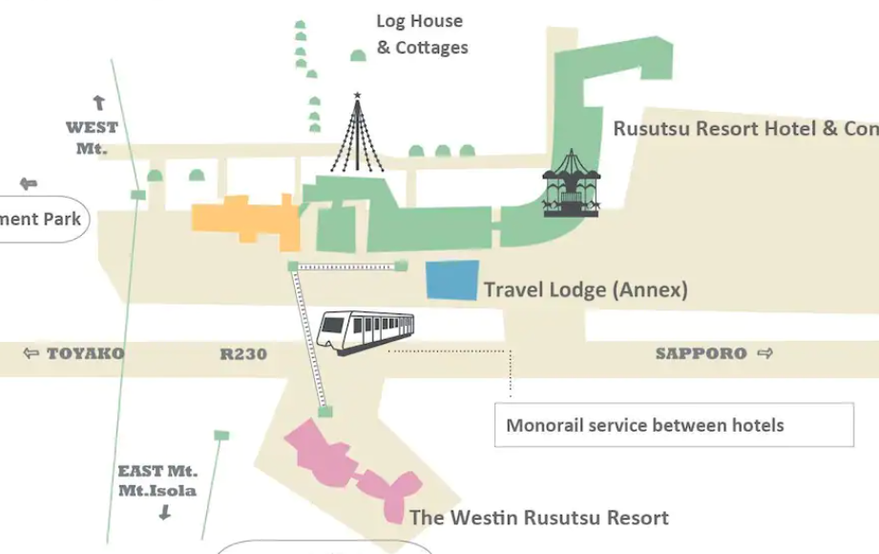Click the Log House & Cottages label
point(422,34)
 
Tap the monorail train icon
point(366,332)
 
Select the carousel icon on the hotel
point(572,184)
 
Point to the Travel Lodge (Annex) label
point(585,289)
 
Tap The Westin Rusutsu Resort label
point(538,518)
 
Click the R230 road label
point(243,354)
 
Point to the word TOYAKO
point(85,354)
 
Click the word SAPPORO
point(701,353)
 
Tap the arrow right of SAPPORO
point(764,353)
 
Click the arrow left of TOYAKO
point(31,354)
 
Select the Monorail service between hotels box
point(674,425)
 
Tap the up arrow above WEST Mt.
point(97,103)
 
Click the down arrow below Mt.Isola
point(164,513)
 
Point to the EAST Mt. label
point(157,471)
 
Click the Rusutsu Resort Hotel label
point(744,128)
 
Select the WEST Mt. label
point(92,138)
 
